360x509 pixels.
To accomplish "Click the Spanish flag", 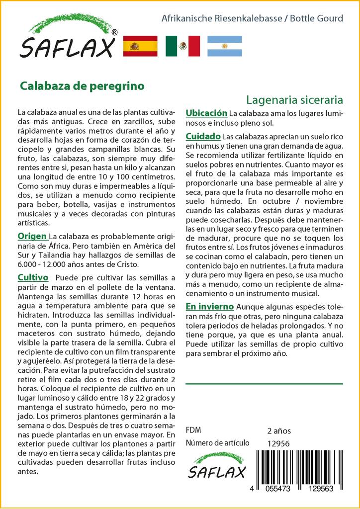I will point(140,46).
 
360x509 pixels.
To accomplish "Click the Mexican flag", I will point(182,46).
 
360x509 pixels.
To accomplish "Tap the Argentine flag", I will point(224,46).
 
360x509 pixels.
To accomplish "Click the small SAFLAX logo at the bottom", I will point(217,466).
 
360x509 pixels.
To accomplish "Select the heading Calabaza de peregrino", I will point(82,85).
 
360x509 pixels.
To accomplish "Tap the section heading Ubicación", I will point(206,113).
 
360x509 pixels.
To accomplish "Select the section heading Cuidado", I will point(203,136).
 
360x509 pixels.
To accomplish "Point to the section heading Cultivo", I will point(33,277).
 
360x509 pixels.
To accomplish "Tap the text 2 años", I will point(279,431).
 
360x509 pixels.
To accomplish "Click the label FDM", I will point(193,430).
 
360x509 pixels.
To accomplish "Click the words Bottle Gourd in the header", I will point(316,18).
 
